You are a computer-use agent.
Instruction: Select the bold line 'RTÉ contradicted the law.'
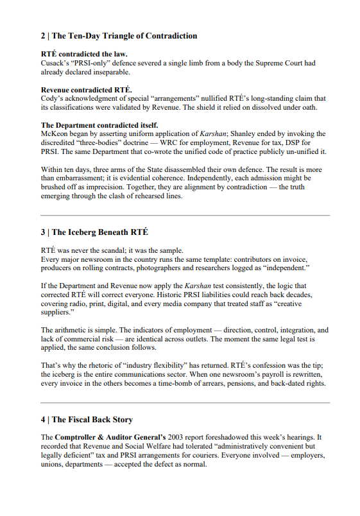(84, 54)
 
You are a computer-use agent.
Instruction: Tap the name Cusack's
(56, 63)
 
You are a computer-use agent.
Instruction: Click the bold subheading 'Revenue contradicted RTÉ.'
(87, 89)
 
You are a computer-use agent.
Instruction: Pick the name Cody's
(53, 98)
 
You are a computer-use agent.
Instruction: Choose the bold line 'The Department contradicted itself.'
(99, 125)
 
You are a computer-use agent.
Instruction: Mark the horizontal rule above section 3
(185, 215)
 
